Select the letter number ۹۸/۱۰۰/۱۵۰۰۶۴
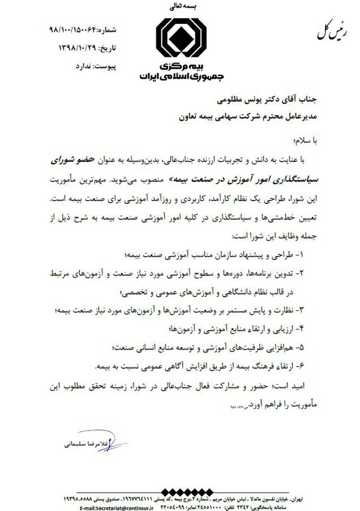point(71,30)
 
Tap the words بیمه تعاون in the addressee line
point(195,117)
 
